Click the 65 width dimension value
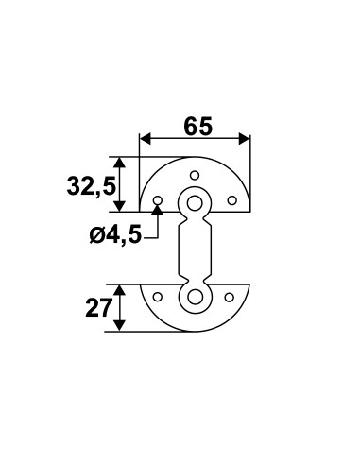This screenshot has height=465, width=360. [x=196, y=127]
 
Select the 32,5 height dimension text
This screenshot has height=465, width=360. [x=91, y=186]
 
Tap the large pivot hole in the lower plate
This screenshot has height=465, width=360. [x=196, y=298]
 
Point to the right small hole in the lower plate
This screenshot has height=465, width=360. [x=229, y=297]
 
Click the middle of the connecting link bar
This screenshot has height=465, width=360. [x=196, y=250]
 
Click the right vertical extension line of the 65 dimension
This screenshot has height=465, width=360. [x=250, y=165]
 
